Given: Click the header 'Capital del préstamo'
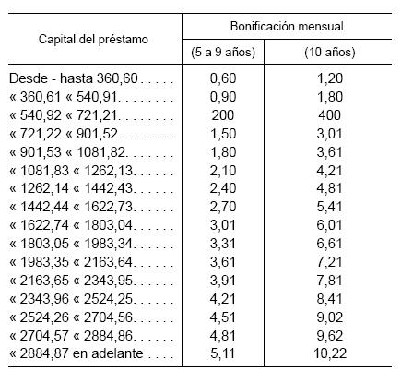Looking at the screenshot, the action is click(93, 41).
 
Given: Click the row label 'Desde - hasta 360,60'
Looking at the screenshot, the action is click(93, 80).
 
